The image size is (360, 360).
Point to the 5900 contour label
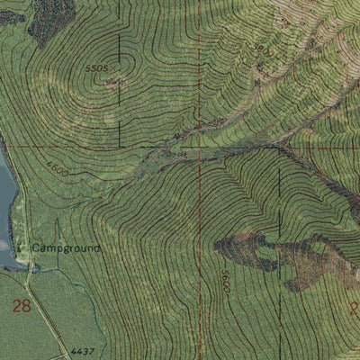pyautogui.click(x=262, y=49)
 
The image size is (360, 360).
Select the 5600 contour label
pyautogui.click(x=224, y=280)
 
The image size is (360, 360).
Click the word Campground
pyautogui.click(x=67, y=247)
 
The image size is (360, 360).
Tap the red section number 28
pyautogui.click(x=22, y=307)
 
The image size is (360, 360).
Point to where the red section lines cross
pyautogui.click(x=199, y=147)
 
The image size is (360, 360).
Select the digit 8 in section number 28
pyautogui.click(x=27, y=307)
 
